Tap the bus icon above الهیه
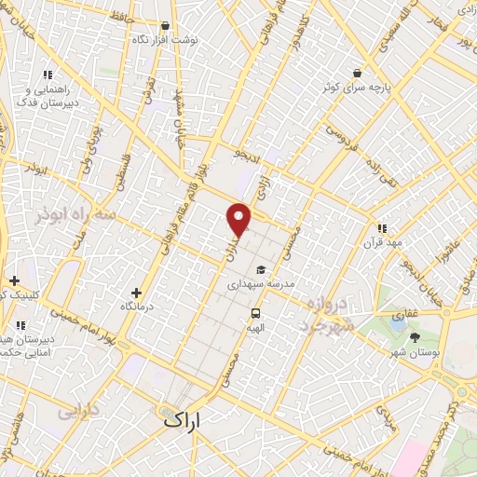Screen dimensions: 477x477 click(254, 314)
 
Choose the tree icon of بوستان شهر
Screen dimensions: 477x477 click(415, 336)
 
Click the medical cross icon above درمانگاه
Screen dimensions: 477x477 click(137, 293)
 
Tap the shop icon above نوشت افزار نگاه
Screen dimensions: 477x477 click(165, 26)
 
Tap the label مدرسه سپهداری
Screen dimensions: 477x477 click(260, 282)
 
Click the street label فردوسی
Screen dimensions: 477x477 click(339, 141)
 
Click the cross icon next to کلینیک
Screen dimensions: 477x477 click(14, 280)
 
